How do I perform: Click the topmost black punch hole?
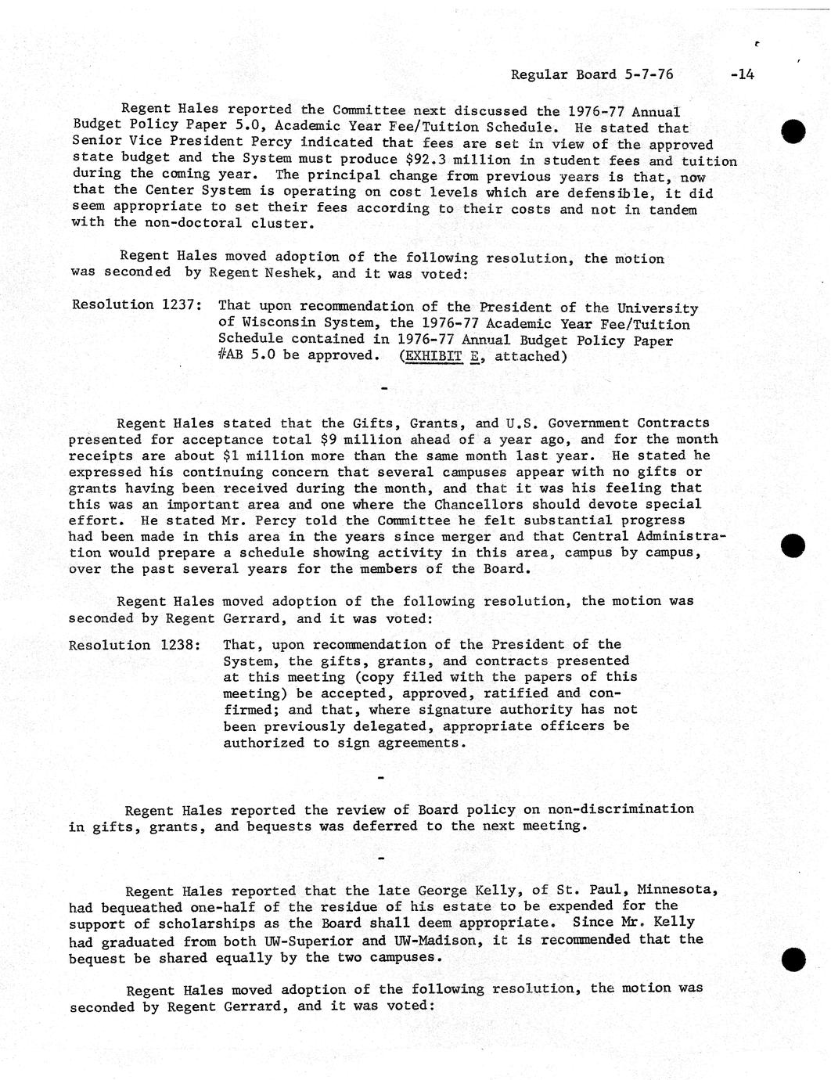[x=793, y=131]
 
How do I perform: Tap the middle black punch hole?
[x=793, y=545]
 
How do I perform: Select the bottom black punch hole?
[x=793, y=959]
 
